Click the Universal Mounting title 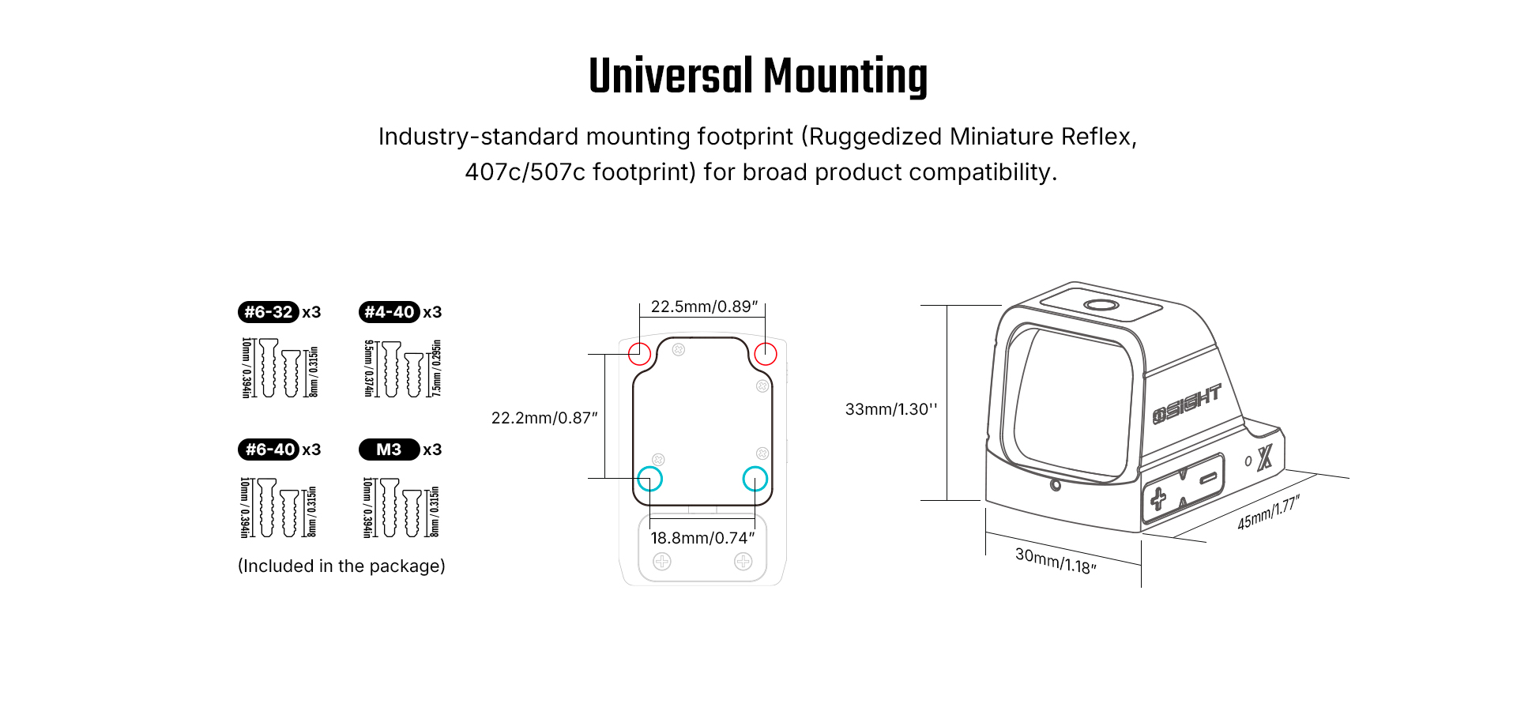(758, 77)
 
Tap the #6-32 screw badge (269, 312)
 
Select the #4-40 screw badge (389, 312)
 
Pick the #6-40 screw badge (269, 450)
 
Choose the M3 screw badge (389, 450)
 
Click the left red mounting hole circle (639, 353)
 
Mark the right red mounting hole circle (766, 353)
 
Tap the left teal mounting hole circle (649, 479)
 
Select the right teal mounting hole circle (755, 479)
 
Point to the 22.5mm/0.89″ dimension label (704, 307)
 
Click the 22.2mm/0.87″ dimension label (544, 418)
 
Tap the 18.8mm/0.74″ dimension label (702, 538)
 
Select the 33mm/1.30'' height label (891, 409)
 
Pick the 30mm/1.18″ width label (1056, 561)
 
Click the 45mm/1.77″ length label (1268, 513)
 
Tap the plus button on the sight (1158, 498)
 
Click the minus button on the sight (1208, 478)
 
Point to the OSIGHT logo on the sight (1187, 403)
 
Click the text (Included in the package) (341, 566)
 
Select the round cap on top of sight (1101, 306)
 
